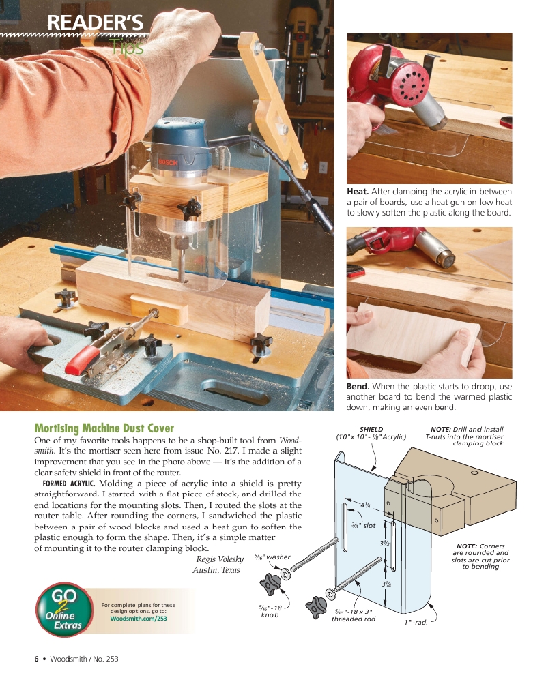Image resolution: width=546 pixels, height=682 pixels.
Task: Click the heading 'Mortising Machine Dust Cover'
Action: pos(104,429)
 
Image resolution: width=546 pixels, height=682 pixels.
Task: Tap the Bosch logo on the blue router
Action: pos(169,161)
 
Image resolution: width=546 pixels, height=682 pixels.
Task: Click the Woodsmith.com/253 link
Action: pos(138,619)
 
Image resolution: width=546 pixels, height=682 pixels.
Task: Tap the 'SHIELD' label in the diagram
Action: pos(371,429)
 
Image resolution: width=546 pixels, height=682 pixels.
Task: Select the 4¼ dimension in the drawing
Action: pos(365,505)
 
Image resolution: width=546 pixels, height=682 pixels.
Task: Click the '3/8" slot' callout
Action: pos(363,525)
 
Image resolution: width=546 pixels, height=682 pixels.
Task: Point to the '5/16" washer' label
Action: pos(272,557)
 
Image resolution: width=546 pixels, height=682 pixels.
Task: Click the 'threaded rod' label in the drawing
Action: pos(353,619)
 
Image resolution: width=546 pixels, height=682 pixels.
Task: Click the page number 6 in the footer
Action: pos(36,658)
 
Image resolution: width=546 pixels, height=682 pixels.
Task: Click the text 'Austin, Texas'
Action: pos(216,570)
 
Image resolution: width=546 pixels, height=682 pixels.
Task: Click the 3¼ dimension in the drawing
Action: pos(386,584)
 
